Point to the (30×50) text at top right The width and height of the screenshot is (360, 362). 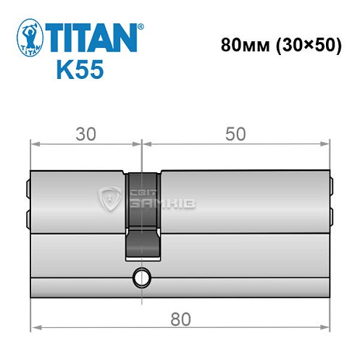pyautogui.click(x=306, y=45)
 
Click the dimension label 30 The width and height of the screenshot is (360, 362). pyautogui.click(x=85, y=134)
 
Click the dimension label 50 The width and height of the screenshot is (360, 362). pyautogui.click(x=235, y=134)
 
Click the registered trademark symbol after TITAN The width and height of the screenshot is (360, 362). pyautogui.click(x=141, y=25)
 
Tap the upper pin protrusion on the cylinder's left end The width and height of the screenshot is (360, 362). pyautogui.click(x=28, y=187)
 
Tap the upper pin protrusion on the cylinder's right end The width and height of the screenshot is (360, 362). pyautogui.click(x=332, y=187)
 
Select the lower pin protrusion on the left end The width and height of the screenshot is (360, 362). pyautogui.click(x=28, y=216)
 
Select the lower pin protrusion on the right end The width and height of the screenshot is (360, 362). pyautogui.click(x=332, y=216)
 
